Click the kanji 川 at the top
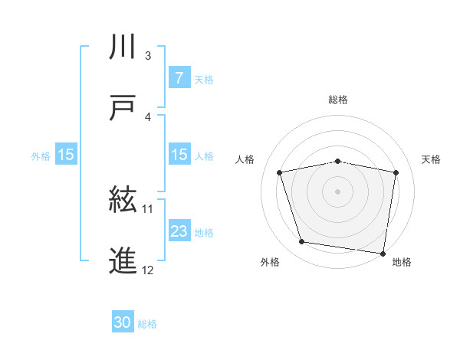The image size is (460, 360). [123, 47]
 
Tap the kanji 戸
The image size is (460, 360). [123, 108]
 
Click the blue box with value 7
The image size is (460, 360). [179, 77]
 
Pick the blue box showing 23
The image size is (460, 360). [179, 231]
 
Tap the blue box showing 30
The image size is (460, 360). [123, 322]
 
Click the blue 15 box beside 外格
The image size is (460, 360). [66, 155]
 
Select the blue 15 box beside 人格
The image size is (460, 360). [179, 155]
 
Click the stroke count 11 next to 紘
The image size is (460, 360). [148, 208]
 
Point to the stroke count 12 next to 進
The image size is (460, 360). [148, 270]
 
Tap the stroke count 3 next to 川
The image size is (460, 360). [148, 55]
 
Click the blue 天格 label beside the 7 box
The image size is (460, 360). [204, 78]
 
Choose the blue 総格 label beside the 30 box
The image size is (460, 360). [147, 323]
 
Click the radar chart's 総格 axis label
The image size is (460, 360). [338, 100]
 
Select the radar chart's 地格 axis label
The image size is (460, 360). [402, 262]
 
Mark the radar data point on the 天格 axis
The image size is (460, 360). [396, 172]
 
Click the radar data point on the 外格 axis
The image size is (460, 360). [302, 242]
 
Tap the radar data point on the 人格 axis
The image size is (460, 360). [280, 172]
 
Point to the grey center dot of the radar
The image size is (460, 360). [338, 191]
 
